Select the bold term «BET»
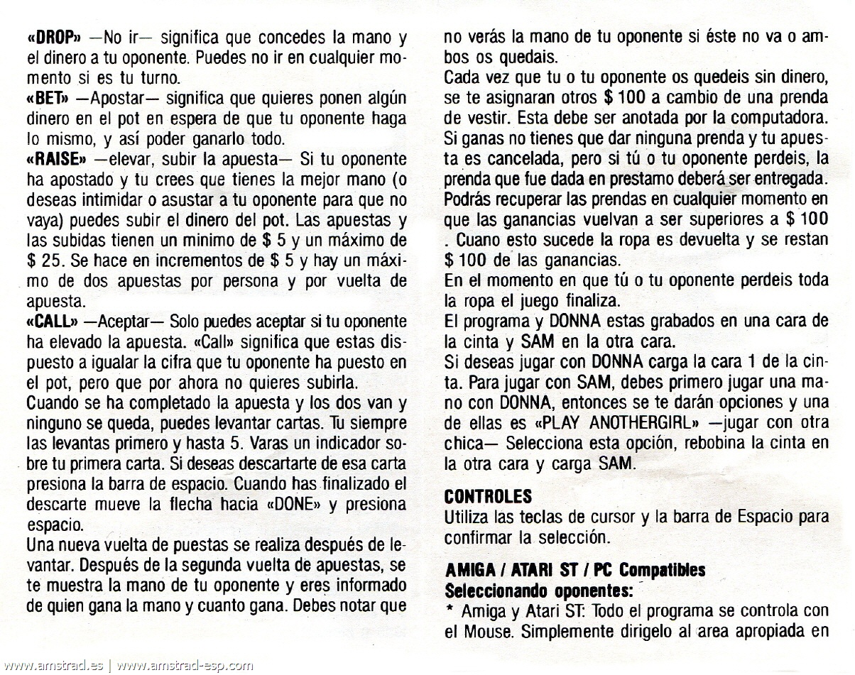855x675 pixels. pyautogui.click(x=45, y=98)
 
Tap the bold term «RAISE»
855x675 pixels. pyautogui.click(x=54, y=158)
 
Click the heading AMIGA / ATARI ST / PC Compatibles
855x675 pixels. pyautogui.click(x=574, y=570)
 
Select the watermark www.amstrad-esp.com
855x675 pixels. pyautogui.click(x=184, y=666)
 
